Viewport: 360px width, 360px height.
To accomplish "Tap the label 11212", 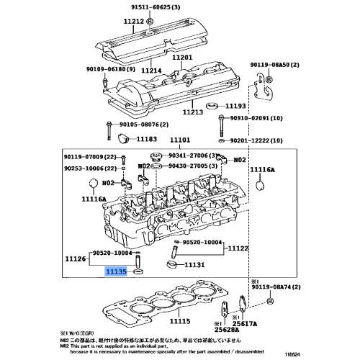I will click(135, 22).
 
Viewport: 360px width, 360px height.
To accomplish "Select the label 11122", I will click(238, 248).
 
